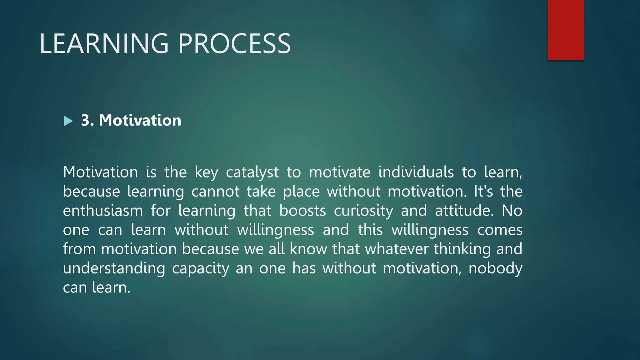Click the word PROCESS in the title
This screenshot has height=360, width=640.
234,44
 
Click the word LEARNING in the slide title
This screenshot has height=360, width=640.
104,44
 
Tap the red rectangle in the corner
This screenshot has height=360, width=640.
566,30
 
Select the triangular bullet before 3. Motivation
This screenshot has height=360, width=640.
68,121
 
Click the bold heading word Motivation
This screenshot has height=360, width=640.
140,120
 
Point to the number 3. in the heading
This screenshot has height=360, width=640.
87,120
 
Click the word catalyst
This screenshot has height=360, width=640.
252,172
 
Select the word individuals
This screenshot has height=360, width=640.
416,172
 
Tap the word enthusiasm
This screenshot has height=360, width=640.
103,211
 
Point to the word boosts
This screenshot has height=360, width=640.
302,211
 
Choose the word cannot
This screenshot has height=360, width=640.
215,192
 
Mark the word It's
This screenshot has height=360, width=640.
483,191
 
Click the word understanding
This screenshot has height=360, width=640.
114,268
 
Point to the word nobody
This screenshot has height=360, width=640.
495,268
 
